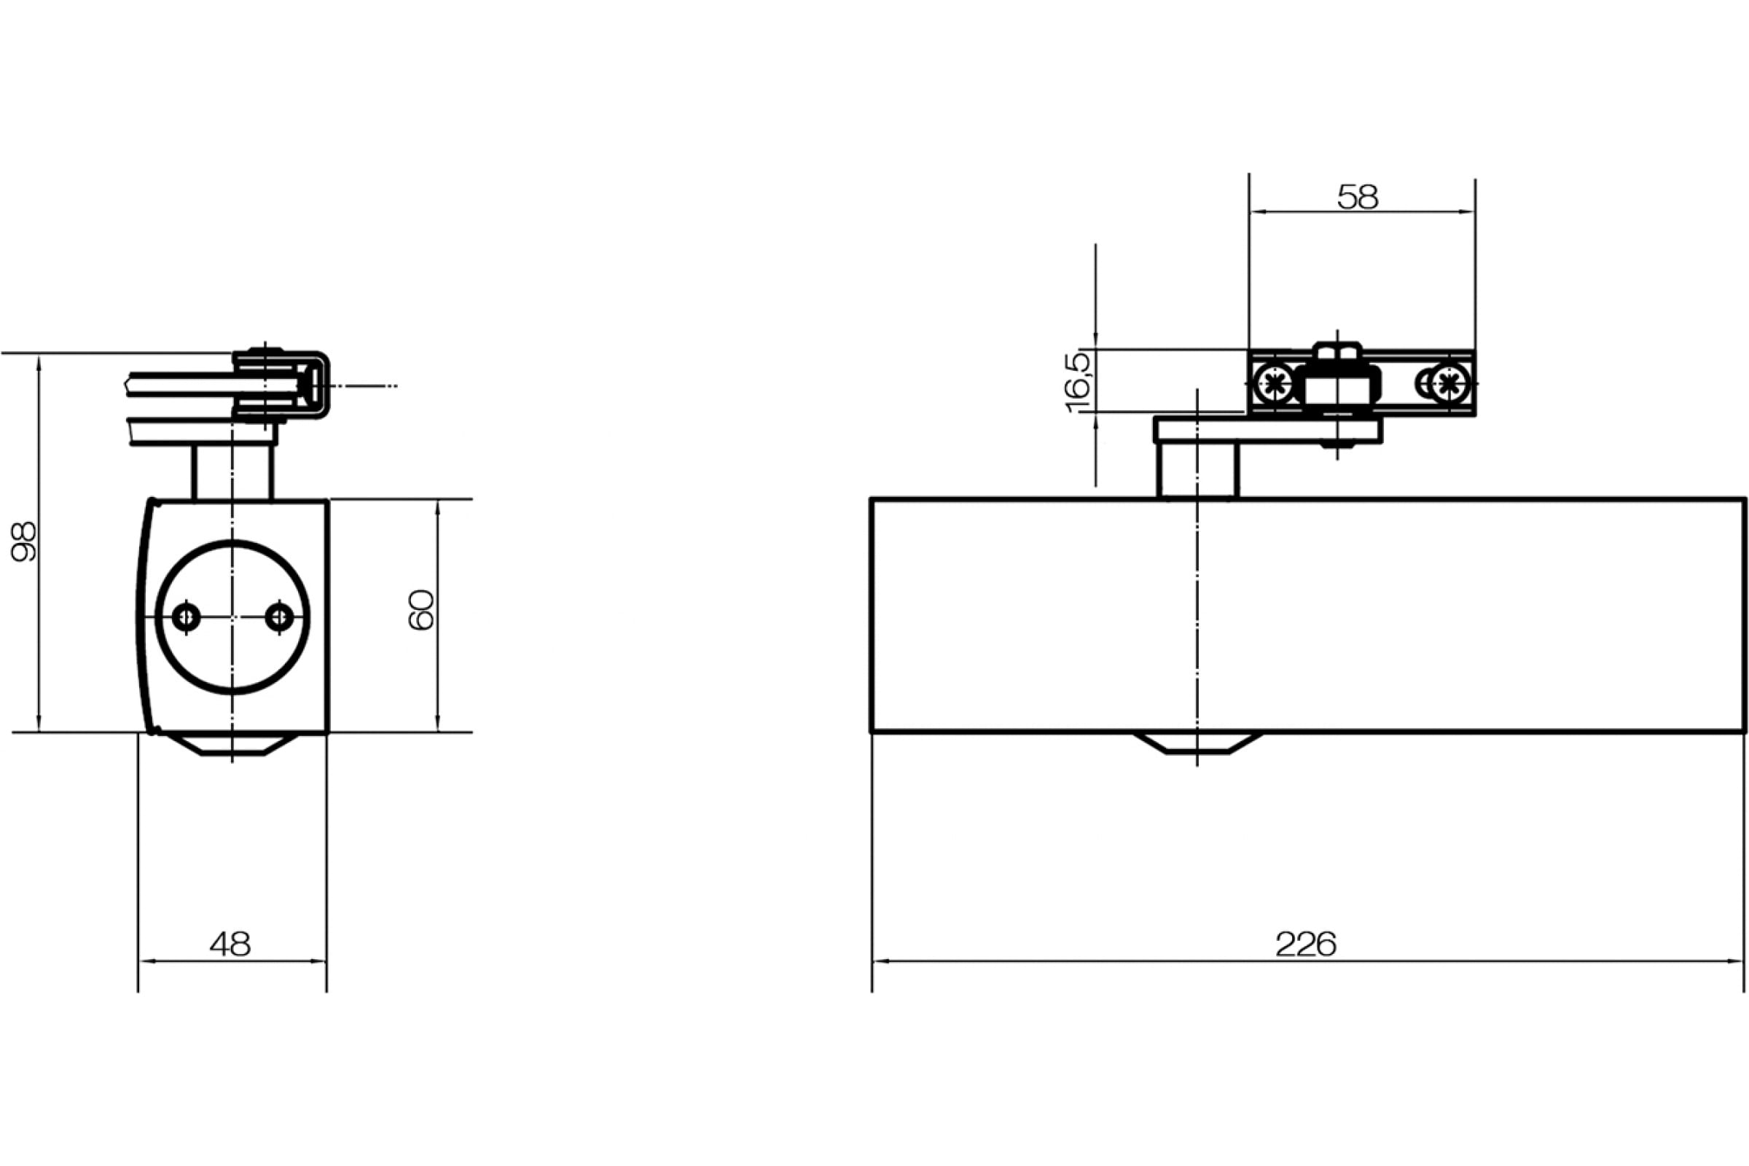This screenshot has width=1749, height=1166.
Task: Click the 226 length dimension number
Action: click(x=1306, y=944)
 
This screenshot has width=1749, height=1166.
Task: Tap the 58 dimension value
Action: click(x=1358, y=197)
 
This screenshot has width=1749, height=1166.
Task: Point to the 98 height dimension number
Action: click(x=24, y=541)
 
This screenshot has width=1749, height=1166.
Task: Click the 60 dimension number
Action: click(x=422, y=610)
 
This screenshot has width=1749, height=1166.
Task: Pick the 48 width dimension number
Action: click(x=230, y=944)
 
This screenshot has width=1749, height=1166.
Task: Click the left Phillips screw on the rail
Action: click(x=1275, y=385)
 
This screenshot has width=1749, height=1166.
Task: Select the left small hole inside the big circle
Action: click(x=186, y=617)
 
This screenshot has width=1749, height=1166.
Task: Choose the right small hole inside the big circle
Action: click(x=280, y=616)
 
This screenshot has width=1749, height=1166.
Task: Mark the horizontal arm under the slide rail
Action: click(x=1268, y=431)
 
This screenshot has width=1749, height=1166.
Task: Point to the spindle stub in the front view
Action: click(x=1197, y=472)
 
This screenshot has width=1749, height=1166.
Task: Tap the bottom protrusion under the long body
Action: click(x=1197, y=743)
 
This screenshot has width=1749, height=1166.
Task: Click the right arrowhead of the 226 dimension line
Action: click(x=1737, y=961)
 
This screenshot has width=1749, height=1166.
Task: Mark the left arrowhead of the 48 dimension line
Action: click(x=147, y=961)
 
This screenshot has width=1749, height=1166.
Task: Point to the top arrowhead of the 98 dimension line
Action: click(x=39, y=363)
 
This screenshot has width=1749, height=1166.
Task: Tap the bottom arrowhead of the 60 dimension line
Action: click(x=437, y=723)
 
